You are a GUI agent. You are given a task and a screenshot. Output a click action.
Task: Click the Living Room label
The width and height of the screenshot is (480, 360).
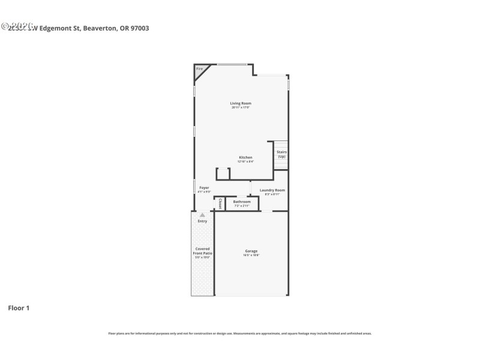(x=241, y=103)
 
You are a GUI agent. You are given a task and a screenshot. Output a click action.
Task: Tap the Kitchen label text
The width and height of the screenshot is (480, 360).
(x=241, y=157)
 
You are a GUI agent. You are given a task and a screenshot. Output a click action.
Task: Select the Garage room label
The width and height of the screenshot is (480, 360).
(x=251, y=251)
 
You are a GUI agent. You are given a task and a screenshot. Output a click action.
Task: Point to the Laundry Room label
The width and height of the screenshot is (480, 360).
(x=272, y=190)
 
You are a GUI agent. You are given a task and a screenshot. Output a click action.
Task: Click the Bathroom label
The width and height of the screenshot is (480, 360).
(x=242, y=202)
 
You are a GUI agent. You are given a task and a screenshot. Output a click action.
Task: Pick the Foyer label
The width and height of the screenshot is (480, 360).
(x=205, y=188)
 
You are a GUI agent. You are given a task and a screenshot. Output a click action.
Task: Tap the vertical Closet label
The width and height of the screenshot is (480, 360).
(x=220, y=203)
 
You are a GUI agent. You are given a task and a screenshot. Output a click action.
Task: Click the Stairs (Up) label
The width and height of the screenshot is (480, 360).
(x=281, y=154)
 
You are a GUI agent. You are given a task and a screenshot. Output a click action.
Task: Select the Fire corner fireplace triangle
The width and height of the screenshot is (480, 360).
(x=199, y=70)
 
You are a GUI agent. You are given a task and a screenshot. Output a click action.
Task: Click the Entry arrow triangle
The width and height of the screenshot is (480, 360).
(x=203, y=215)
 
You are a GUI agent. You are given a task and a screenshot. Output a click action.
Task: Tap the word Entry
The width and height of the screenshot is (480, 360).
(x=203, y=221)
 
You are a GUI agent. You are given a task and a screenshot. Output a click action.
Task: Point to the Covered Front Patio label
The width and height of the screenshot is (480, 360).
(x=203, y=251)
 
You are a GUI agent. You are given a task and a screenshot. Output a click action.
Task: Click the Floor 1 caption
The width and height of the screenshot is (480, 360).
(x=19, y=308)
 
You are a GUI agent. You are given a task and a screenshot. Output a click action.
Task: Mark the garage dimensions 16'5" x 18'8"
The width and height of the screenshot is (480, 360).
(x=251, y=255)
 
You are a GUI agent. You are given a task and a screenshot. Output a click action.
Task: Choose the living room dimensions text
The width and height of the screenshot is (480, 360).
(x=241, y=107)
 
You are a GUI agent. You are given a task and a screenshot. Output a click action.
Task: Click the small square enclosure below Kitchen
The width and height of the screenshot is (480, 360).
(x=223, y=174)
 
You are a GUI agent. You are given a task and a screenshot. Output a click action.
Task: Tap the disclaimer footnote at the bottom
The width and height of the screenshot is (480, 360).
(x=240, y=333)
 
